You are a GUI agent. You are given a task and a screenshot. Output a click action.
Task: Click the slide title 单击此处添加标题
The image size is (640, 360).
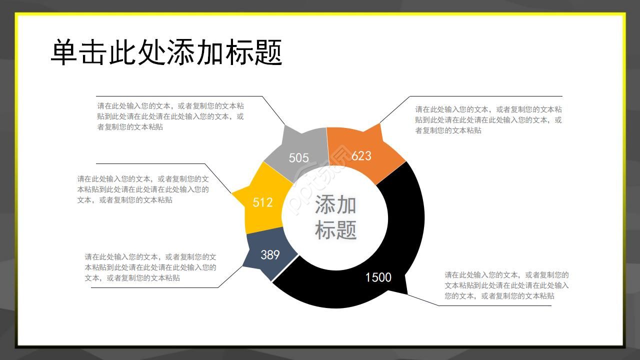click(166, 52)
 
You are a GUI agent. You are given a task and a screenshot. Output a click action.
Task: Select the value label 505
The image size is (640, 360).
click(299, 158)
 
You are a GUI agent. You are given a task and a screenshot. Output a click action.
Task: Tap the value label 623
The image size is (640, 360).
click(361, 156)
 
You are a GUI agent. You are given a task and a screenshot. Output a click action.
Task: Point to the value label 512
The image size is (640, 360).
click(262, 202)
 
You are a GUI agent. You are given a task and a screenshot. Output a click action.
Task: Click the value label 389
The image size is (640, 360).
click(270, 255)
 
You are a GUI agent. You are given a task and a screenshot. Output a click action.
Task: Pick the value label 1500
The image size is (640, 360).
click(378, 277)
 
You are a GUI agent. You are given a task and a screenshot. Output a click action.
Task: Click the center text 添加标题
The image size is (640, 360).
click(335, 217)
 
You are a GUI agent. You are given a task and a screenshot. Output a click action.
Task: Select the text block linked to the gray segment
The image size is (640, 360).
click(170, 116)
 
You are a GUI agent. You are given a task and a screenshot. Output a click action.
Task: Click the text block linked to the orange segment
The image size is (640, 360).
click(488, 120)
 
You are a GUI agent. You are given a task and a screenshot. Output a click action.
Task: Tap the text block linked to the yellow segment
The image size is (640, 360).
click(143, 189)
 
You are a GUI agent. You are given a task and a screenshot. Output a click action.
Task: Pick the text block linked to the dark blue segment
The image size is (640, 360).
click(150, 267)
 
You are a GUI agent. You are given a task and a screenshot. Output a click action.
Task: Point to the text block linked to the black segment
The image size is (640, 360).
click(506, 285)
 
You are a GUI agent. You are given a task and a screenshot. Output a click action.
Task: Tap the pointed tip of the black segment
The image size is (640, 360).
click(407, 293)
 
